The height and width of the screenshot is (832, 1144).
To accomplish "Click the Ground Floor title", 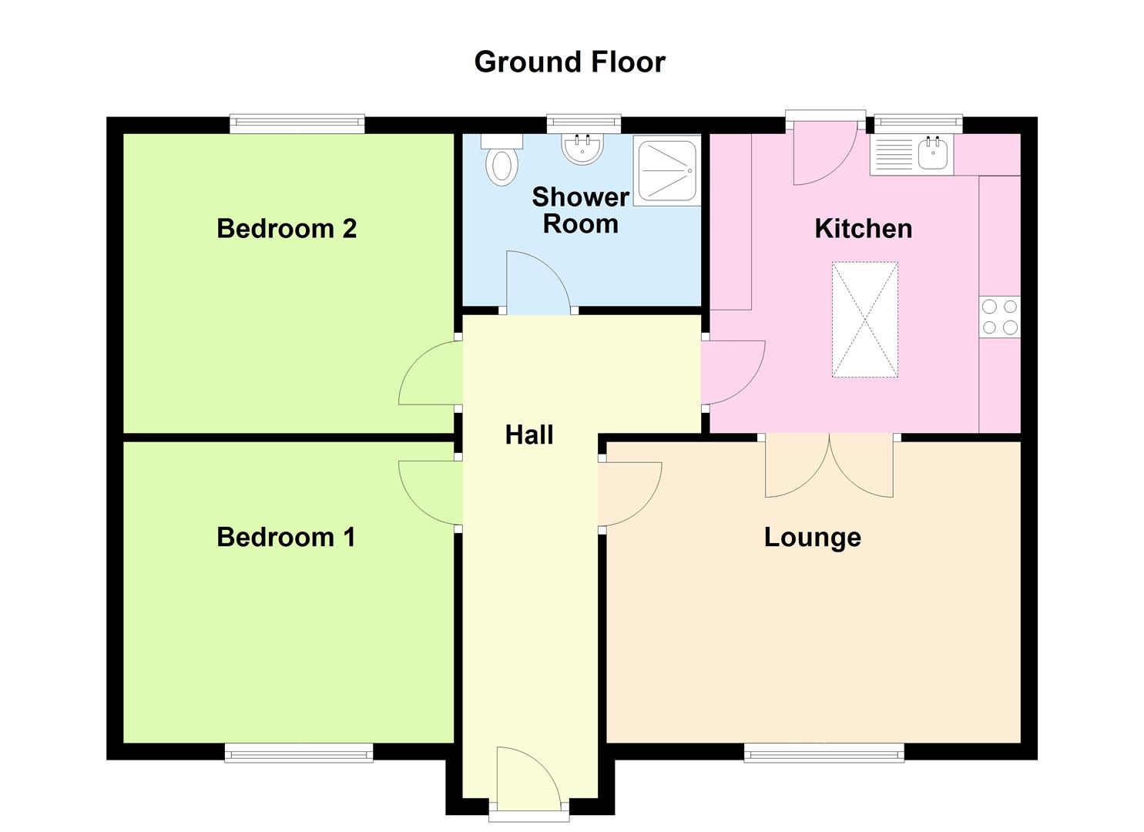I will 569,62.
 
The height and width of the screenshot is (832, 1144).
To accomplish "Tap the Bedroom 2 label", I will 287,229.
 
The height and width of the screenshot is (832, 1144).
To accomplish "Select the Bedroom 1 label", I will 286,537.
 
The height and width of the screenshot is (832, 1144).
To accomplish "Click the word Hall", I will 528,435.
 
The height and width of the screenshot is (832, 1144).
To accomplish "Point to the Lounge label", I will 812,537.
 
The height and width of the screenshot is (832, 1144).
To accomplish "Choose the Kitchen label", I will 863,229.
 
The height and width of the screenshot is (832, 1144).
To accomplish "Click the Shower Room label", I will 580,210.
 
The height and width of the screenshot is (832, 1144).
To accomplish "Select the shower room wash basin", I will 582,149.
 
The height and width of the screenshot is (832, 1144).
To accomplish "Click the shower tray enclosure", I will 668,170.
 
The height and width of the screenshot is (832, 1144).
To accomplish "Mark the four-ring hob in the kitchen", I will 999,317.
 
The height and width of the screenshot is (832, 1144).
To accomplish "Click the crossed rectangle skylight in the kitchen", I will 864,320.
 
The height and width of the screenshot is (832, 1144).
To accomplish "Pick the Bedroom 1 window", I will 298,753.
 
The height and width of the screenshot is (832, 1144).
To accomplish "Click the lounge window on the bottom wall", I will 824,753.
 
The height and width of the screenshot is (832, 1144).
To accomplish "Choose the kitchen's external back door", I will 824,150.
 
